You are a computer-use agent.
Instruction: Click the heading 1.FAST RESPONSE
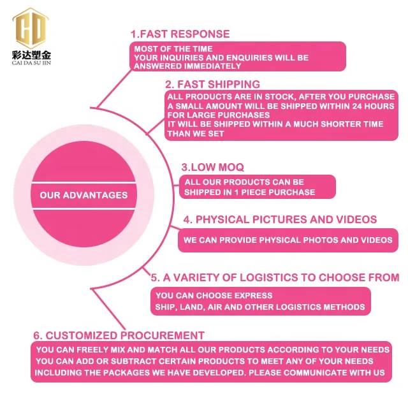(180, 34)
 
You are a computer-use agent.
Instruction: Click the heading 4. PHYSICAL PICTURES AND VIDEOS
(280, 219)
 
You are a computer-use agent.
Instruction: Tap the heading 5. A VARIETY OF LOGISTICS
(275, 277)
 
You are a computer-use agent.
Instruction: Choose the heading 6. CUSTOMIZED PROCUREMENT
(119, 335)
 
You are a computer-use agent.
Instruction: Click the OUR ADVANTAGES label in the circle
(84, 195)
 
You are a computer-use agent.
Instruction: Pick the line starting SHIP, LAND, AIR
(260, 307)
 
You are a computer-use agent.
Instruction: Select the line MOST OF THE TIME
(173, 48)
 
